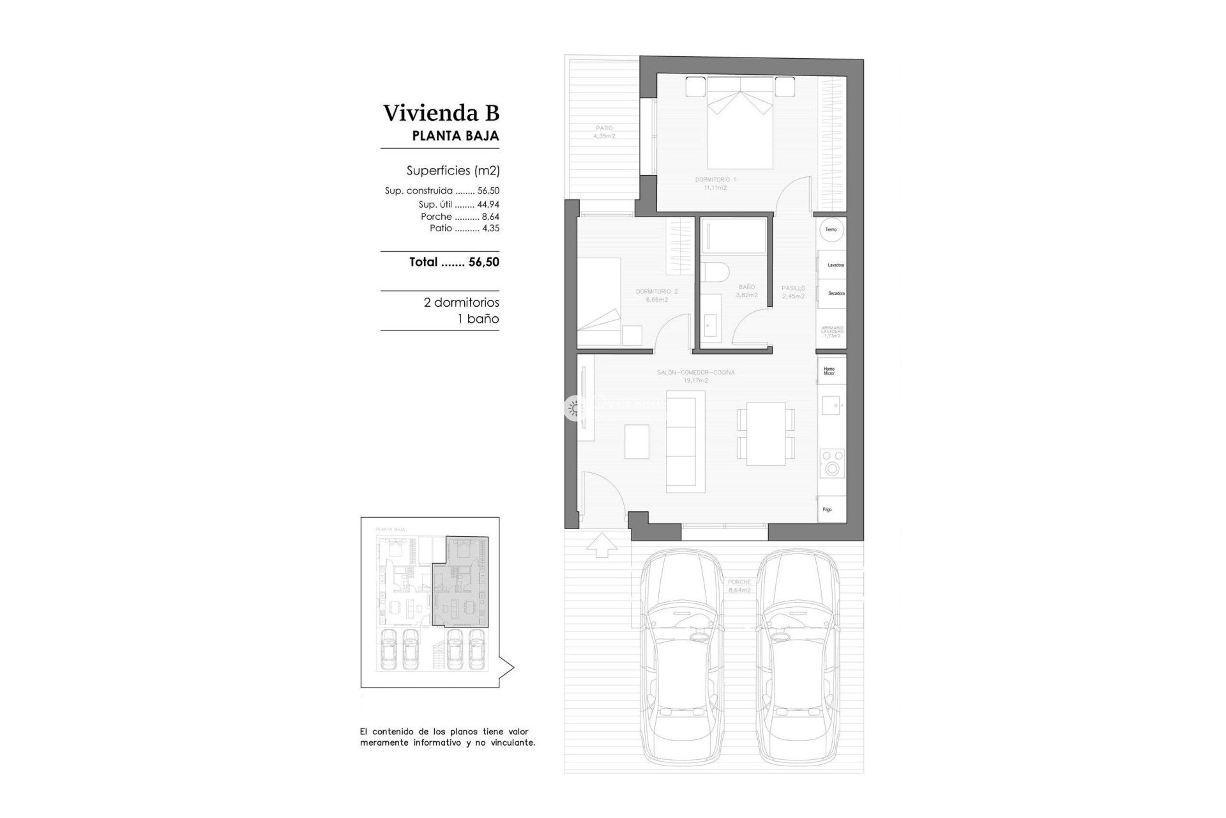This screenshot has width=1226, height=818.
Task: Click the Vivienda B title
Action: tap(441, 113)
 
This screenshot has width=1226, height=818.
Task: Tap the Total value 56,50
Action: tap(483, 262)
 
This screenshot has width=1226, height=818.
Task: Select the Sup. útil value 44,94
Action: tap(488, 205)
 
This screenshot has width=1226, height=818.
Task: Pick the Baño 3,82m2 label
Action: tap(746, 291)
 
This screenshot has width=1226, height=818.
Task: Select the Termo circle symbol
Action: tap(831, 230)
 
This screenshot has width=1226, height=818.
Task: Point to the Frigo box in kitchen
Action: tap(828, 509)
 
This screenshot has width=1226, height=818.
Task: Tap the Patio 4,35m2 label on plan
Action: tap(603, 132)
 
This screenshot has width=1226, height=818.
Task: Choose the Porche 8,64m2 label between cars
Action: tap(739, 586)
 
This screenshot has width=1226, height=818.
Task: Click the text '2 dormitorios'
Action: tap(461, 302)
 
